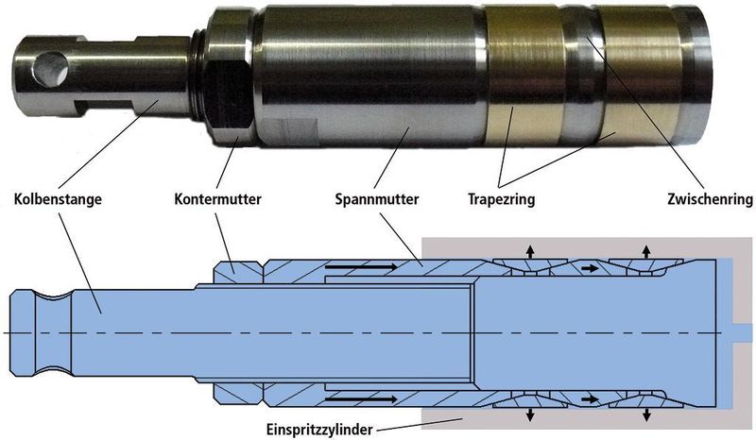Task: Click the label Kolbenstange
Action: [x=58, y=199]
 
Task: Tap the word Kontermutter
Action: [x=217, y=199]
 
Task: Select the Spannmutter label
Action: [x=377, y=199]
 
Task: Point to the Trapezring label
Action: [x=502, y=199]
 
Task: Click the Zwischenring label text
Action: [x=710, y=199]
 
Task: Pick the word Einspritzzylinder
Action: [x=319, y=430]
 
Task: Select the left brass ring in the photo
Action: [x=523, y=77]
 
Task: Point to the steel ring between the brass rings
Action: [x=582, y=77]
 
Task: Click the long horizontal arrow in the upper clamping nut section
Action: [x=362, y=266]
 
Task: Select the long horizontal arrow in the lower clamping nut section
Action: [x=362, y=399]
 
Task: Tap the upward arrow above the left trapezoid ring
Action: [x=530, y=251]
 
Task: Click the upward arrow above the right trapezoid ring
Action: [x=646, y=251]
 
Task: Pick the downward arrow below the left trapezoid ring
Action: [x=530, y=415]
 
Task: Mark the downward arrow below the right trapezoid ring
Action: [x=646, y=415]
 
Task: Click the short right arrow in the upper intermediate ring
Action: [x=590, y=267]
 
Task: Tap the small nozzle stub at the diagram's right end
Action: [x=742, y=332]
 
